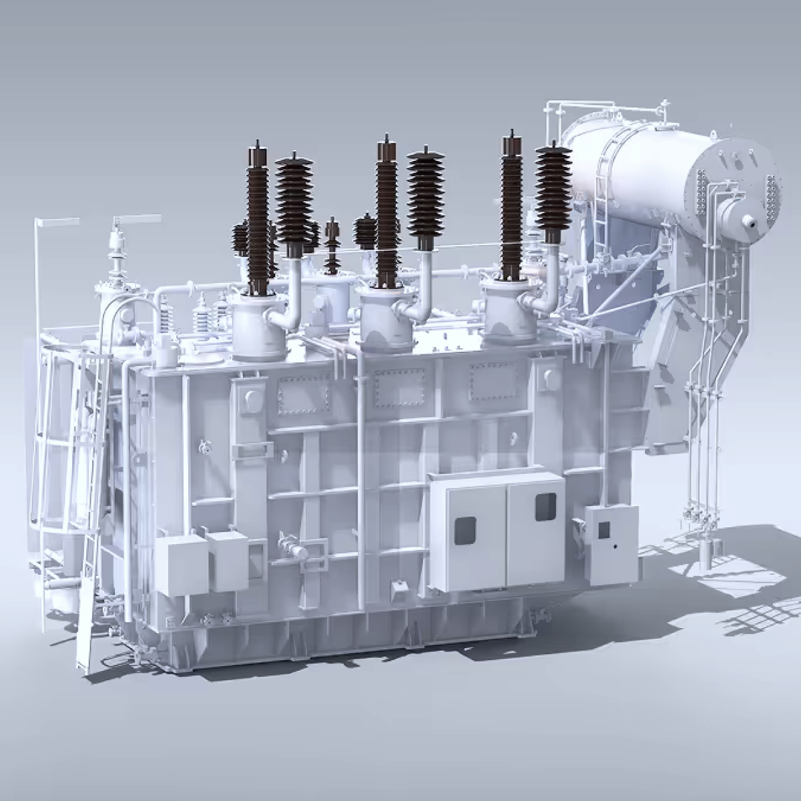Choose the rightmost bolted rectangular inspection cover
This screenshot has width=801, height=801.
(495, 382)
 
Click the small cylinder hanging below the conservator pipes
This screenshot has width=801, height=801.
(706, 551)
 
